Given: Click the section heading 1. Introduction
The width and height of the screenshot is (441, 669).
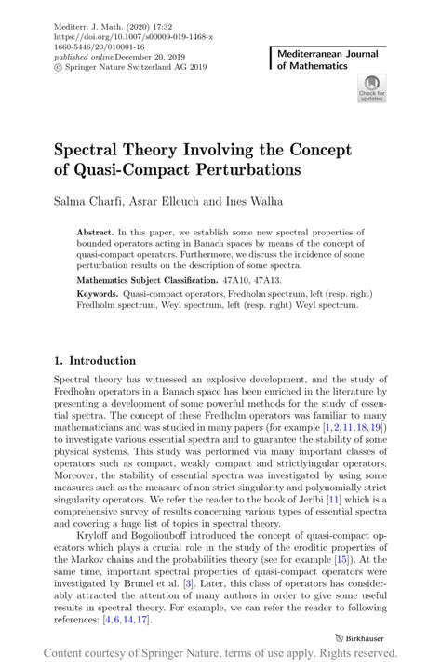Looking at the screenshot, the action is [95, 361].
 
